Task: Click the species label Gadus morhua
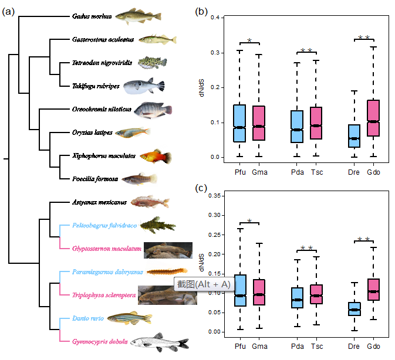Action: point(92,16)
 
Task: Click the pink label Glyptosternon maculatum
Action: point(107,249)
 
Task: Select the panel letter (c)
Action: point(202,189)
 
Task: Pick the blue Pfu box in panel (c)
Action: point(239,290)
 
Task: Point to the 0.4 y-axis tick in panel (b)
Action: point(217,18)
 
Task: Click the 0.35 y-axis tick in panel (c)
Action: point(216,196)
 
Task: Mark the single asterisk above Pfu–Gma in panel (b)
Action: point(249,41)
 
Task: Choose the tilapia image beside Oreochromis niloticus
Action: point(153,110)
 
